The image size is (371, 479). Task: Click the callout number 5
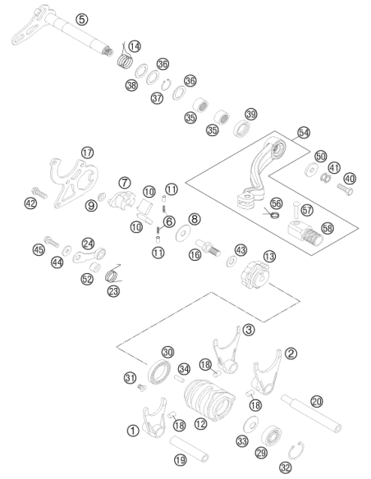[82, 20]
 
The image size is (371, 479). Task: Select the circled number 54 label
[304, 133]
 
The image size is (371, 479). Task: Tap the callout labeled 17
[87, 153]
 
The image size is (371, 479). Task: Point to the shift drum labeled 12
[209, 399]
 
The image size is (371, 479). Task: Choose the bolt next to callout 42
[39, 193]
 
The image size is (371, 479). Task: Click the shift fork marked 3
[227, 351]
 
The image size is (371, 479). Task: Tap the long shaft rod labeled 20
[311, 413]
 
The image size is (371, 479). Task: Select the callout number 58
[327, 228]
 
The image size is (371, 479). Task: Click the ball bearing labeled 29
[272, 436]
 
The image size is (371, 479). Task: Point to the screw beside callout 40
[345, 189]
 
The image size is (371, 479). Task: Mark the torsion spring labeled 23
[112, 274]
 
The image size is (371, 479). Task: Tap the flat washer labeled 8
[183, 234]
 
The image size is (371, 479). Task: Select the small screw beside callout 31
[141, 388]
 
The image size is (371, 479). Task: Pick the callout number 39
[251, 115]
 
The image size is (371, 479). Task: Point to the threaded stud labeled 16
[208, 248]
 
